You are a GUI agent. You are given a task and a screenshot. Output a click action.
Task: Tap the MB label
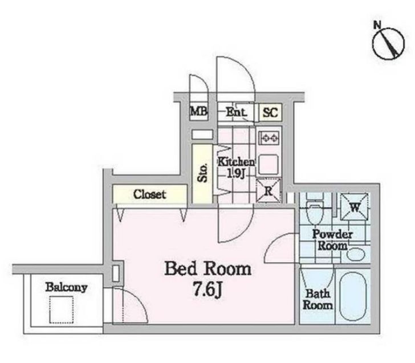coord(198,111)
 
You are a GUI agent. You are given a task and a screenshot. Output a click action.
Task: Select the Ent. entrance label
coord(236,112)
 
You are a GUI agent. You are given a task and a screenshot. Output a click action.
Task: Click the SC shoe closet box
coord(270,112)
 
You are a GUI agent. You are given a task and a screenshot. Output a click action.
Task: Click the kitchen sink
coord(268,165)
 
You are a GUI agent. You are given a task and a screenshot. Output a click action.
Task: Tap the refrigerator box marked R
coord(268,191)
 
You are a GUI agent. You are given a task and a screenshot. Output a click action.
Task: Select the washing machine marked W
coord(354,207)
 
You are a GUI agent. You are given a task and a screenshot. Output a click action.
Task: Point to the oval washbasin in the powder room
coord(356,254)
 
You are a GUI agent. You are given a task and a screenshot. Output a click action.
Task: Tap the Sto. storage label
coord(202,173)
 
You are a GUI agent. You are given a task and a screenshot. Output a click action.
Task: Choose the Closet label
coord(149,194)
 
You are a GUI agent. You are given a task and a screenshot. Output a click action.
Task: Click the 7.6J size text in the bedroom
coord(207,290)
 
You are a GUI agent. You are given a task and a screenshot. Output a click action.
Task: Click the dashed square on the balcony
coord(62,309)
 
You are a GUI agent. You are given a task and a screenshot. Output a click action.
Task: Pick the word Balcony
coord(66,288)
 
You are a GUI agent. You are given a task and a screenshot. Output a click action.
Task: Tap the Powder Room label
coord(332,240)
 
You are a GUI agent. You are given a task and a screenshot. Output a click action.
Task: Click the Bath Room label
coord(318,299)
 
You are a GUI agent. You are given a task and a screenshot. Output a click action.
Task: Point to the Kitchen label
coord(236,162)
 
